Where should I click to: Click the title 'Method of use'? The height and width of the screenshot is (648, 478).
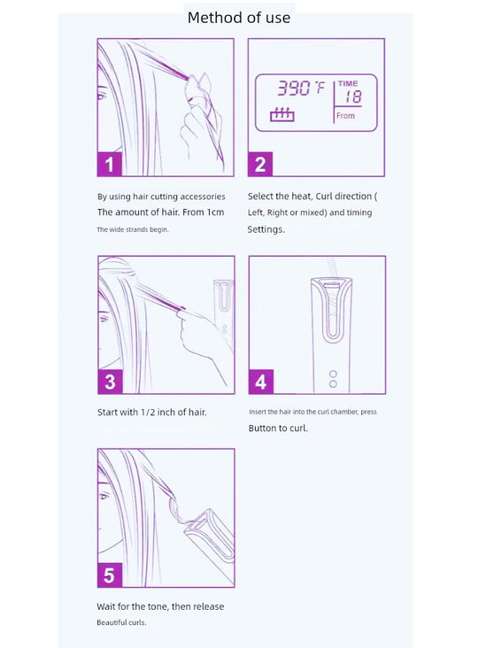click(x=239, y=18)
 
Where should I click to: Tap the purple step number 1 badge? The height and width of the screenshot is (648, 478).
click(x=110, y=164)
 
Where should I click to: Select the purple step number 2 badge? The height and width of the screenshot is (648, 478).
click(x=260, y=164)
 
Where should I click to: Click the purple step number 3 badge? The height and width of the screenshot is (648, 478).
click(x=110, y=382)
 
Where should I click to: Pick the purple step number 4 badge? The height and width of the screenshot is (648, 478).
click(x=261, y=382)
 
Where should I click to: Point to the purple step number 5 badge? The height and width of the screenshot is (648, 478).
click(x=110, y=575)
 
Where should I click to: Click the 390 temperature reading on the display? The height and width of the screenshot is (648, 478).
click(x=293, y=88)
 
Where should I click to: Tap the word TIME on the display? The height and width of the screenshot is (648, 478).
click(x=348, y=84)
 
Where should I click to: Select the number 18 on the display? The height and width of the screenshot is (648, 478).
click(x=353, y=97)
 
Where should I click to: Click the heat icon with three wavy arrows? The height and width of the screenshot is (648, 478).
click(x=282, y=115)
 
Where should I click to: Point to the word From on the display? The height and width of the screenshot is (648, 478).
click(x=345, y=116)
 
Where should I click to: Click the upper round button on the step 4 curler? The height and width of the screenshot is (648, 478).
click(x=333, y=374)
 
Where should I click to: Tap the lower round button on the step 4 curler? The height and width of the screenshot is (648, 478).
click(x=333, y=384)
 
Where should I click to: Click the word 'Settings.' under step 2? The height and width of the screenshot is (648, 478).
click(x=266, y=229)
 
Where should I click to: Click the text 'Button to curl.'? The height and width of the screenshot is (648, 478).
click(x=278, y=428)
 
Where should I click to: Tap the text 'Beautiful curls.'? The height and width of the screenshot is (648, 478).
click(x=121, y=622)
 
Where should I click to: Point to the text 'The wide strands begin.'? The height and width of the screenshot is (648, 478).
click(x=133, y=229)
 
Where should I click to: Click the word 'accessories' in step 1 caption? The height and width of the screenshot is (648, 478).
click(x=203, y=197)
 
